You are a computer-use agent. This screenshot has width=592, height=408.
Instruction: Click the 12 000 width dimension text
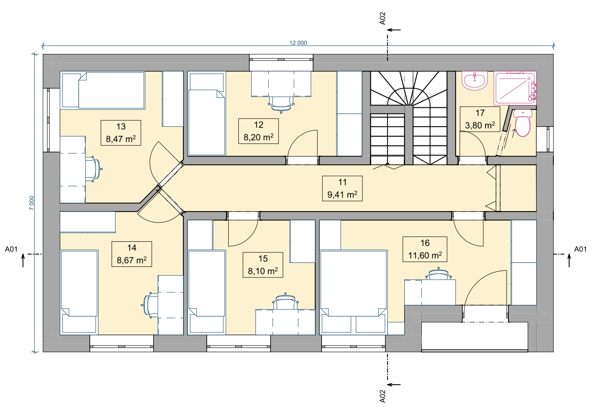click(298, 43)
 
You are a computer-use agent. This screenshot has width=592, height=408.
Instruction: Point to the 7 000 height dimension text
click(32, 203)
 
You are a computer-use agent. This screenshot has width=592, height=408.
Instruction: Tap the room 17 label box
click(480, 119)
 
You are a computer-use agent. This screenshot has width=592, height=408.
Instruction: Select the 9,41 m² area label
click(342, 195)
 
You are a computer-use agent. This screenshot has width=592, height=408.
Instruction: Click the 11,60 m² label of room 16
click(425, 255)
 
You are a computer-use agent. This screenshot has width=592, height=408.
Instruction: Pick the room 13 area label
click(121, 139)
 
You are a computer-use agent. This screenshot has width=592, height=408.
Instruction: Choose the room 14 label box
click(132, 254)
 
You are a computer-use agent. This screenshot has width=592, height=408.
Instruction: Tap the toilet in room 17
click(523, 123)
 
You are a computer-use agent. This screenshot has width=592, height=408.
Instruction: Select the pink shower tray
click(515, 88)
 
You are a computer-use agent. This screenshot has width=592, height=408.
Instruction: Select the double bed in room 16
click(354, 292)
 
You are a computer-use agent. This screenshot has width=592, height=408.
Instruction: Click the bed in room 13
click(103, 90)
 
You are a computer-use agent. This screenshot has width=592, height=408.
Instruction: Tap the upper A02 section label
click(382, 18)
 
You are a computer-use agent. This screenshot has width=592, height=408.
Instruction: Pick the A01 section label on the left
click(11, 249)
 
